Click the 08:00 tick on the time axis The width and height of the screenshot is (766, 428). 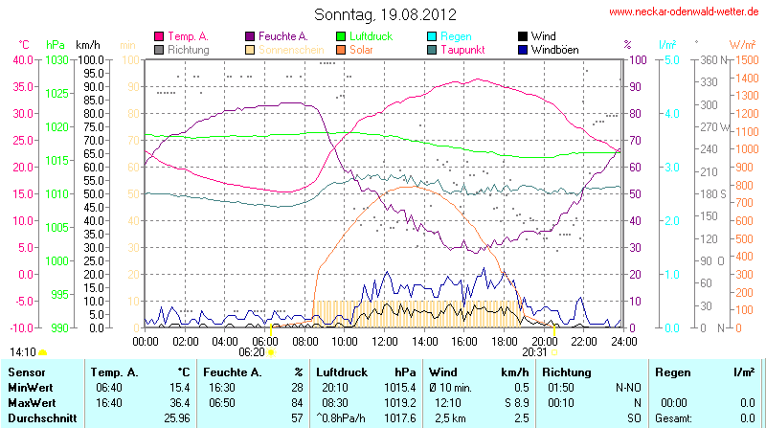coord(304,341)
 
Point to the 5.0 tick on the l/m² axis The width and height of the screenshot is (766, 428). coord(671,59)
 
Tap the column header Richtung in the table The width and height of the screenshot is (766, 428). coord(566,371)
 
